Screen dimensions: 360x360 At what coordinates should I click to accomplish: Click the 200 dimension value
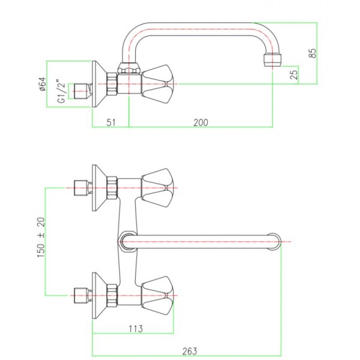[x=200, y=122]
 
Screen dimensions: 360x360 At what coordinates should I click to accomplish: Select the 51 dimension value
[x=110, y=122]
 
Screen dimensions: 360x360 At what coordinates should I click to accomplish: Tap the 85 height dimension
[x=311, y=53]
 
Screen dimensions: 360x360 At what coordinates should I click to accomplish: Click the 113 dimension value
[x=136, y=328]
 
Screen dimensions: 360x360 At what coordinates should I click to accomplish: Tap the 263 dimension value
[x=188, y=350]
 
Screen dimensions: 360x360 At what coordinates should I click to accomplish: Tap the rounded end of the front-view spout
[x=274, y=241]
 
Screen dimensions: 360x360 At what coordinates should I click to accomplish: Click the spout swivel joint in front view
[x=127, y=241]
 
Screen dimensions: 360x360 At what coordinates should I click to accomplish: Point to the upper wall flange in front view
[x=95, y=188]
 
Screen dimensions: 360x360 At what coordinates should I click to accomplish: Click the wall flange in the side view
[x=95, y=83]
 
